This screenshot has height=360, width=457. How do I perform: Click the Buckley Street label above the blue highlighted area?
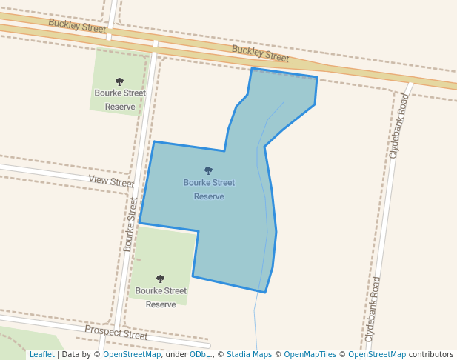tap(260, 53)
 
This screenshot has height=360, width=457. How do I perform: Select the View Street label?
tap(111, 181)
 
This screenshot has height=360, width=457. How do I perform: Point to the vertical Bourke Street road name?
tap(130, 224)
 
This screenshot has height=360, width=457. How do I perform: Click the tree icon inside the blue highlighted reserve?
tap(208, 170)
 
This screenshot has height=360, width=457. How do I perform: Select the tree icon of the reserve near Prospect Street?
tap(160, 279)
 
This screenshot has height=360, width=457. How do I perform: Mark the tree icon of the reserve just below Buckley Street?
tap(119, 81)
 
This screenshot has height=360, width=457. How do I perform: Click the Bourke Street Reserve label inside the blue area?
tap(209, 190)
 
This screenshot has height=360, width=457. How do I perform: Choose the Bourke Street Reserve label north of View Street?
tap(120, 100)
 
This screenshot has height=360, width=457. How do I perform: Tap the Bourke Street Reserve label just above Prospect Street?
tap(161, 298)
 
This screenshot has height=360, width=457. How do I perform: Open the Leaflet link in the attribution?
tap(41, 354)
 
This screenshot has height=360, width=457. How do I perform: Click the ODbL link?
tap(200, 354)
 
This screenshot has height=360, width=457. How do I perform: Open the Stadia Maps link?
tap(249, 354)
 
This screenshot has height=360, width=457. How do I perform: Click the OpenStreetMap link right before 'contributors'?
tap(377, 354)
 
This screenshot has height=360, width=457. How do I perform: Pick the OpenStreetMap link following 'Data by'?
tap(132, 354)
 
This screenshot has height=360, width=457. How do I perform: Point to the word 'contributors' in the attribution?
tap(431, 354)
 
